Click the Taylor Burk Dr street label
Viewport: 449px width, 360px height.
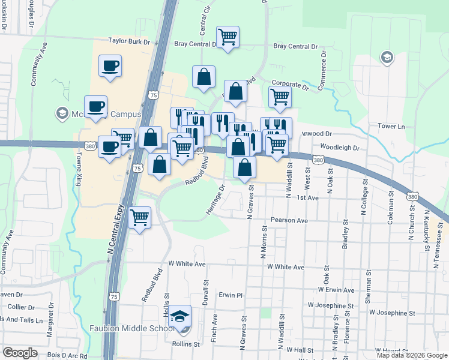click(128, 41)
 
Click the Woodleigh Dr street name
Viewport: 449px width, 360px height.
click(339, 147)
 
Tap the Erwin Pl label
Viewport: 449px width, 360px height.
click(230, 295)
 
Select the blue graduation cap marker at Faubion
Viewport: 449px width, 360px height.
click(180, 316)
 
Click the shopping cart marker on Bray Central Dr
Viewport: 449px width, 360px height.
click(228, 37)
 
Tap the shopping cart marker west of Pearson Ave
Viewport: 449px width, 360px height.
click(140, 218)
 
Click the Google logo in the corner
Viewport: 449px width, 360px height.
click(20, 353)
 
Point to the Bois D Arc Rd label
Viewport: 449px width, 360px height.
click(68, 356)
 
